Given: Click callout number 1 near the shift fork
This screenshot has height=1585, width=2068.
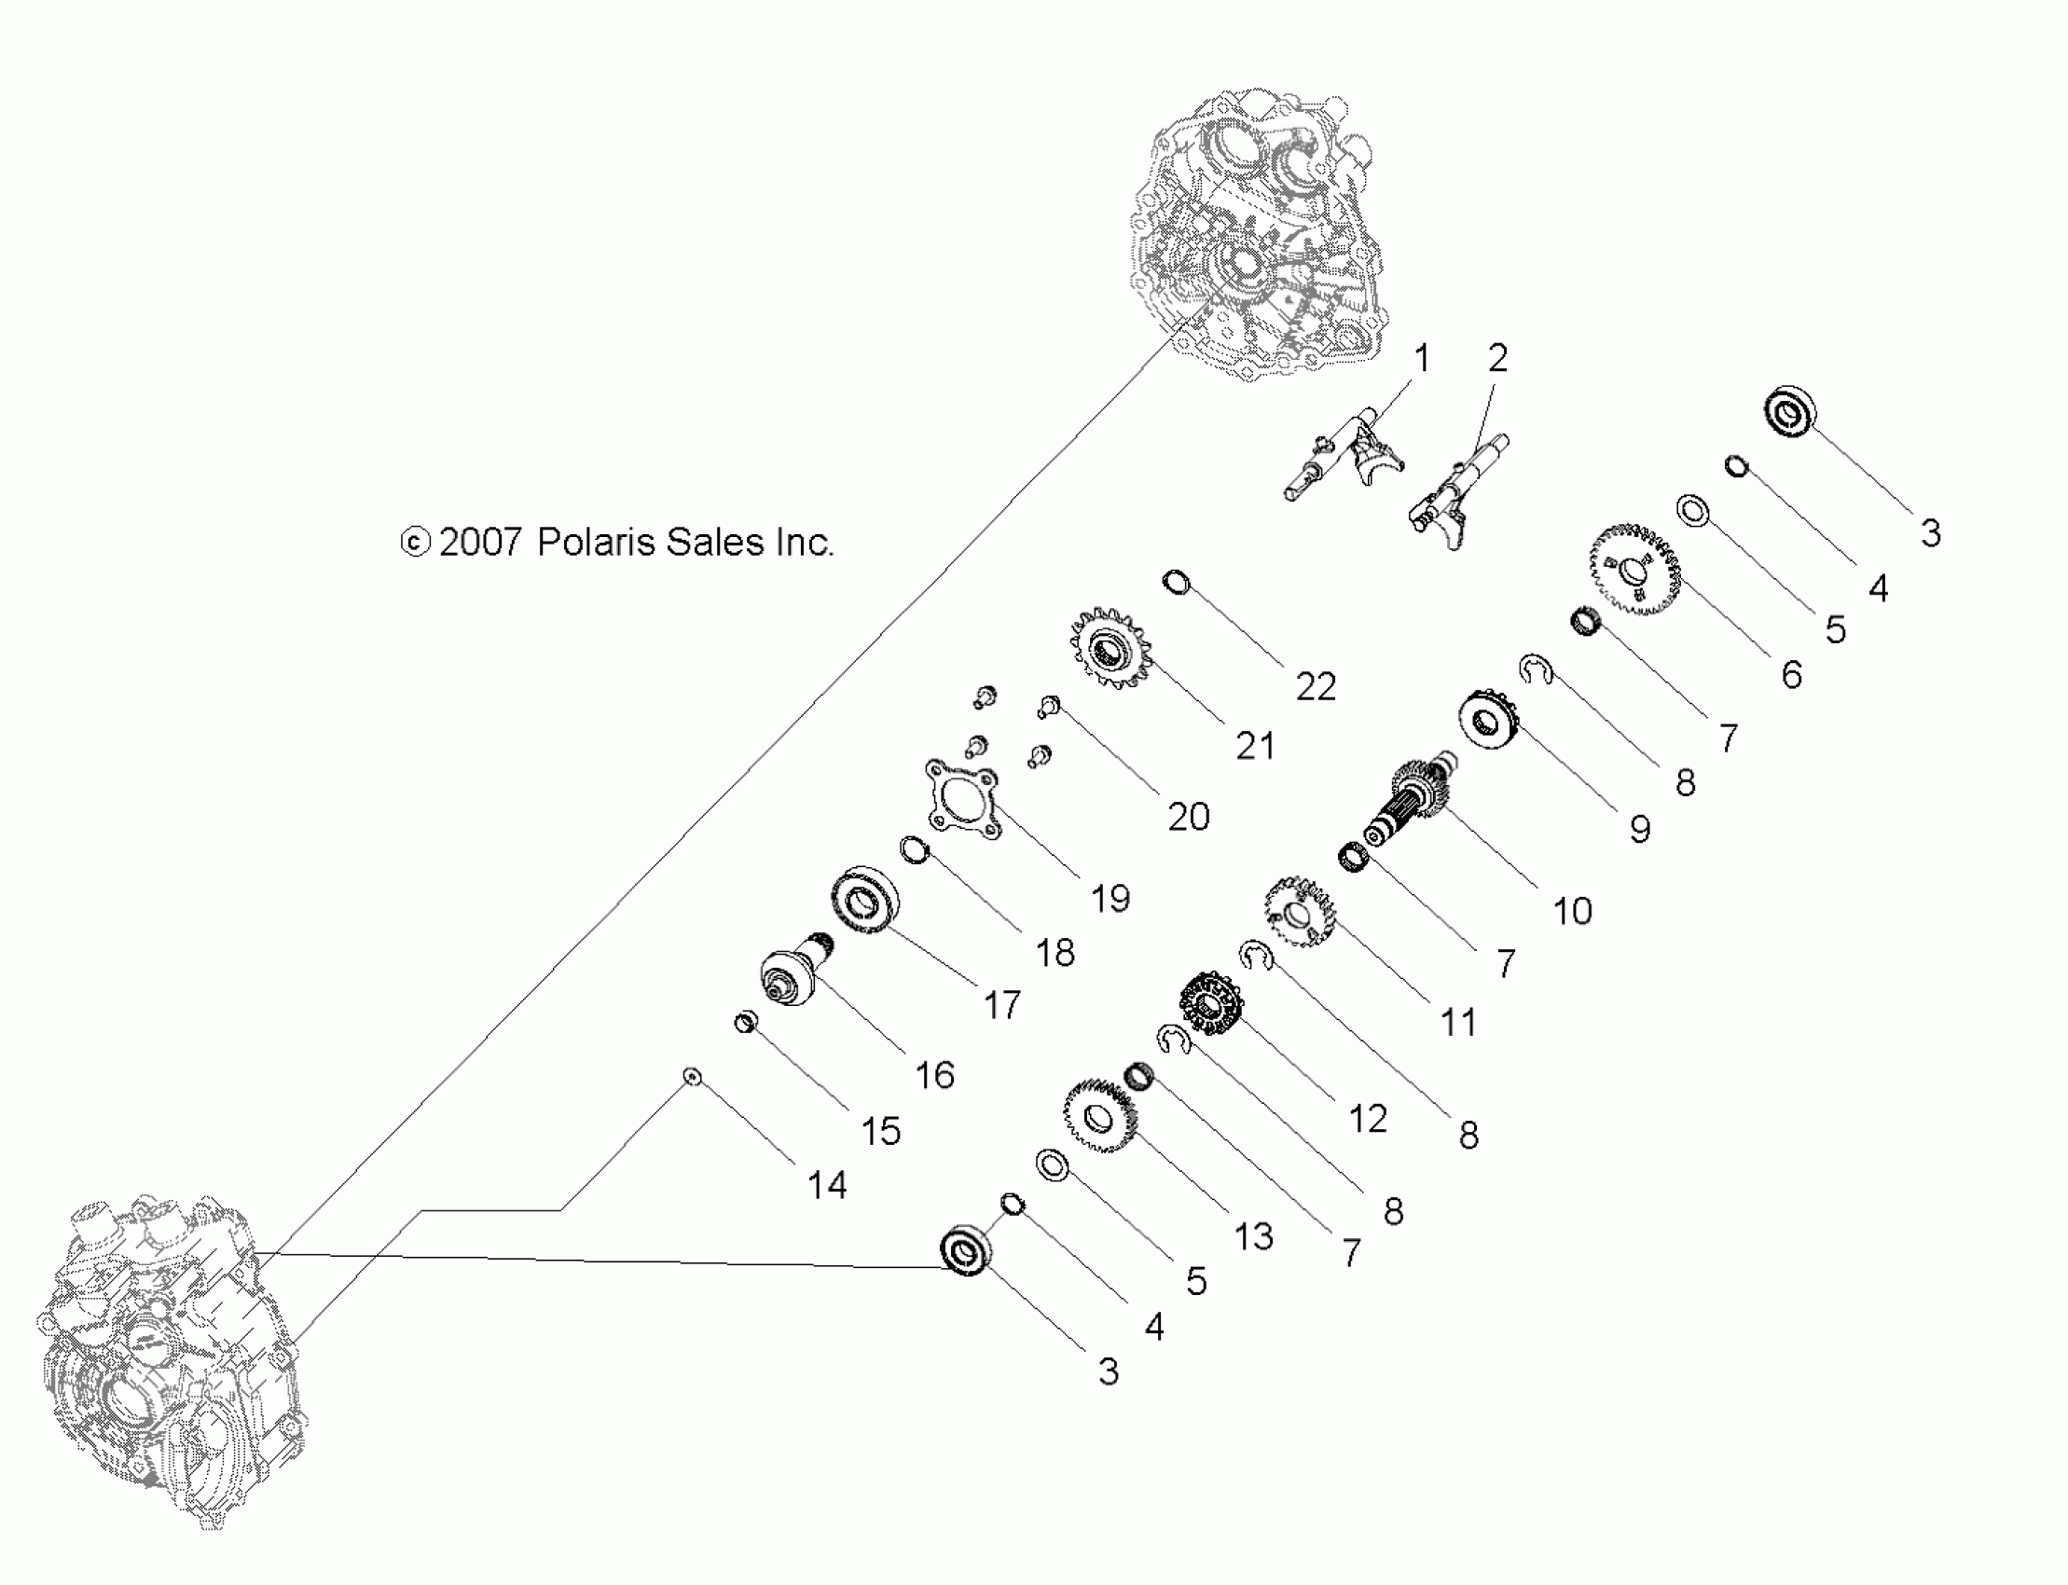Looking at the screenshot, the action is click(1421, 359).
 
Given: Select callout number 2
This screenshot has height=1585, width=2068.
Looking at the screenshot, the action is click(1497, 358).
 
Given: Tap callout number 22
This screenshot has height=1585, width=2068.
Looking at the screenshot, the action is click(1317, 687).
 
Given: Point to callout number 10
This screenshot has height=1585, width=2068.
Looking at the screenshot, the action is click(1572, 910).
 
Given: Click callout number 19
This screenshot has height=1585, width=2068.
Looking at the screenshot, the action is click(1110, 898).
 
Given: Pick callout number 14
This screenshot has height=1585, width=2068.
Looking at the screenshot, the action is click(826, 1185).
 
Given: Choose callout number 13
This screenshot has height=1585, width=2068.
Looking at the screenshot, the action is click(1253, 1236).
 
